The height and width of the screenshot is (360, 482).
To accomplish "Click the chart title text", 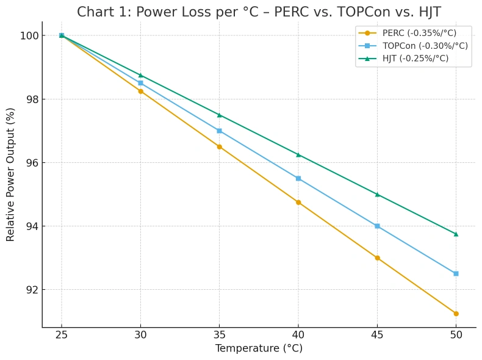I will click(x=259, y=12).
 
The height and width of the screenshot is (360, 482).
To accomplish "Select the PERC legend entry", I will click(x=419, y=33).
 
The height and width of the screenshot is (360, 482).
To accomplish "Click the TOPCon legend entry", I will click(x=425, y=46).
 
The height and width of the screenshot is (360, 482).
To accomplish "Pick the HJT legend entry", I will click(x=415, y=59).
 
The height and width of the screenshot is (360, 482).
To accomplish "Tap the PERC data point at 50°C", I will click(x=456, y=314).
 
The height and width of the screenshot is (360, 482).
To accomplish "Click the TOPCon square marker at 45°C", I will click(x=377, y=226).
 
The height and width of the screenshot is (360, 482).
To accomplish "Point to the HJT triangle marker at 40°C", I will click(x=298, y=154).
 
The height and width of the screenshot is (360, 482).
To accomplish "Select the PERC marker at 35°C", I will click(x=219, y=146).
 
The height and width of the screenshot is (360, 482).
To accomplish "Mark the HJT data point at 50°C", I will click(x=456, y=234).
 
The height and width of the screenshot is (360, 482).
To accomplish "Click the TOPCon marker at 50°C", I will click(x=456, y=273).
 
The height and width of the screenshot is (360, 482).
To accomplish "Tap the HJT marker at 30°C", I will click(x=140, y=75).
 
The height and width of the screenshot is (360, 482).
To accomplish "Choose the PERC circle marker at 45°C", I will click(x=377, y=258).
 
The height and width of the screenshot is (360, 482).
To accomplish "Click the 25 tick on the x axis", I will click(x=62, y=334).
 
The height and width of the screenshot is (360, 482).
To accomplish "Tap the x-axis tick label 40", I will click(x=298, y=334).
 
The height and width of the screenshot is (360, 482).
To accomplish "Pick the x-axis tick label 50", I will click(x=456, y=334).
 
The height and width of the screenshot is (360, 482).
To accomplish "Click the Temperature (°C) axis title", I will click(x=259, y=348).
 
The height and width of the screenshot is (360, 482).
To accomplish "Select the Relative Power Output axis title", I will click(x=11, y=174).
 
